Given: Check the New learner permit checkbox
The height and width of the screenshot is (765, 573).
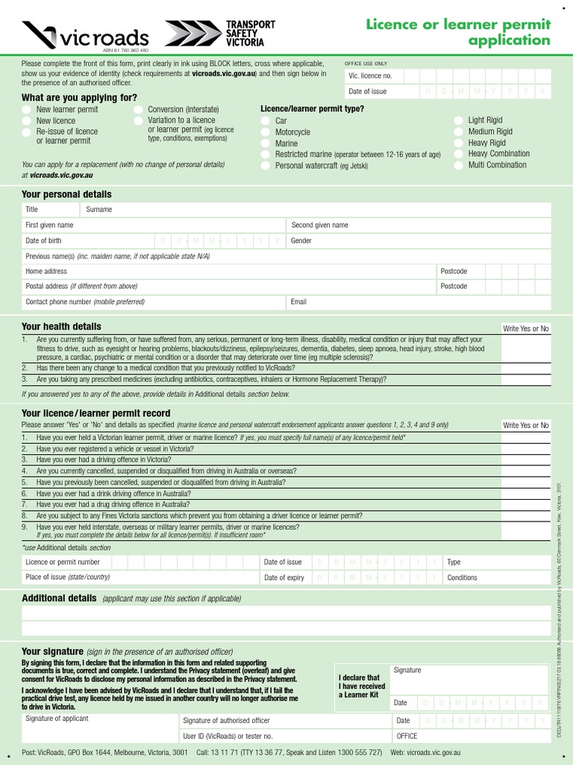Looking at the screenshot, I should click(27, 110).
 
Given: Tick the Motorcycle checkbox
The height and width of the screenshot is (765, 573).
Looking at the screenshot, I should click(266, 132).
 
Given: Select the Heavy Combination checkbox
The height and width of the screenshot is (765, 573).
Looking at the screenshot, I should click(458, 154).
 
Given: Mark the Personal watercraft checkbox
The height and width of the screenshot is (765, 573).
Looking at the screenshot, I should click(266, 166).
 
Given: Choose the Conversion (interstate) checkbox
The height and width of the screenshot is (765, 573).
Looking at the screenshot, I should click(139, 110).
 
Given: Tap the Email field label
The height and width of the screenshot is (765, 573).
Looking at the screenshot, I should click(298, 302).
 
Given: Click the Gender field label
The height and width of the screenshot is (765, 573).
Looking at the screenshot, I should click(301, 241).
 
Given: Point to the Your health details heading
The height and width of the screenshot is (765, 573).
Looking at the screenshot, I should click(61, 326).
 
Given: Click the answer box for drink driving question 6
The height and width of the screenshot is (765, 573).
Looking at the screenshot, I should click(525, 494).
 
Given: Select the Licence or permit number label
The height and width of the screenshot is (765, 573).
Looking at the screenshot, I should click(63, 562).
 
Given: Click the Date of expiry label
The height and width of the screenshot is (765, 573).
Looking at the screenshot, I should click(284, 577).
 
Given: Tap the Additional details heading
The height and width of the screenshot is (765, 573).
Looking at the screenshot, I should click(59, 598).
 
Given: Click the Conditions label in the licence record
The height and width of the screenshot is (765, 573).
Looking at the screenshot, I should click(462, 577).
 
